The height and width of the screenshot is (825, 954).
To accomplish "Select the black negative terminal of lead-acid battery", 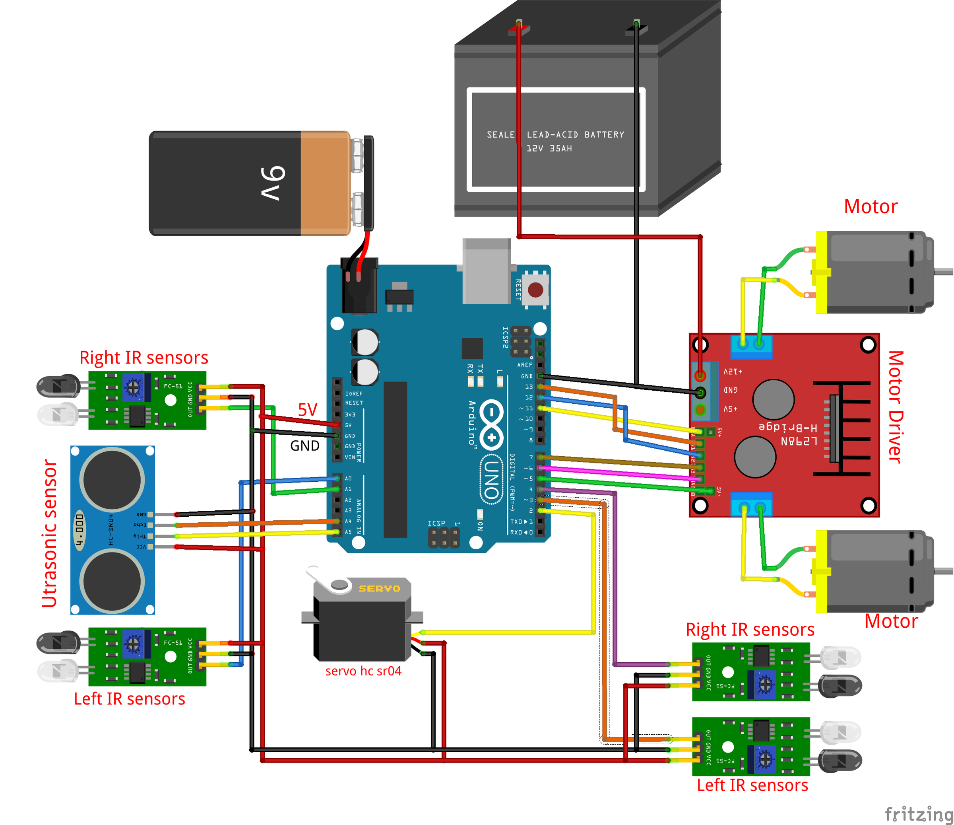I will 636,29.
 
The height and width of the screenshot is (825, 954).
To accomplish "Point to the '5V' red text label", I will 308,409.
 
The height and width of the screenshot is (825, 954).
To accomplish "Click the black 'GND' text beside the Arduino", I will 304,446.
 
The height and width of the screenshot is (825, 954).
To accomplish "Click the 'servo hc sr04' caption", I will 363,671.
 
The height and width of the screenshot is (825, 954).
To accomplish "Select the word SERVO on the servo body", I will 379,588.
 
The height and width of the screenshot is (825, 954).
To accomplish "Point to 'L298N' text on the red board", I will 799,441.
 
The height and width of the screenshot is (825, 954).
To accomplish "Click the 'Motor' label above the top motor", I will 870,206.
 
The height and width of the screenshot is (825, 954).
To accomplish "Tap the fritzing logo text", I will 917,814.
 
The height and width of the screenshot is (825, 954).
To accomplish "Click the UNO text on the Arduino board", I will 491,479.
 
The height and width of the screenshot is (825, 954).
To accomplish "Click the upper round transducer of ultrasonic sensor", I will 112,479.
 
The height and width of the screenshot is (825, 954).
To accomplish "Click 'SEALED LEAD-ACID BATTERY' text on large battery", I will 555,134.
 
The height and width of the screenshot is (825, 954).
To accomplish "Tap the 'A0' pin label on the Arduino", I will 348,479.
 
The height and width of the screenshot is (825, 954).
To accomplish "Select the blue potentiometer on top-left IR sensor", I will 133,387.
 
